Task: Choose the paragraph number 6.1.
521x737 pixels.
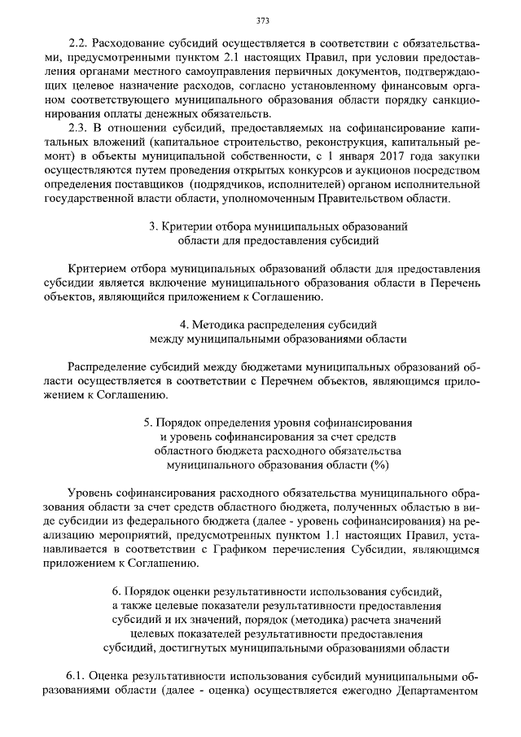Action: tap(78, 676)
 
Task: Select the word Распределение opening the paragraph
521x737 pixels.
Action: tap(110, 367)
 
